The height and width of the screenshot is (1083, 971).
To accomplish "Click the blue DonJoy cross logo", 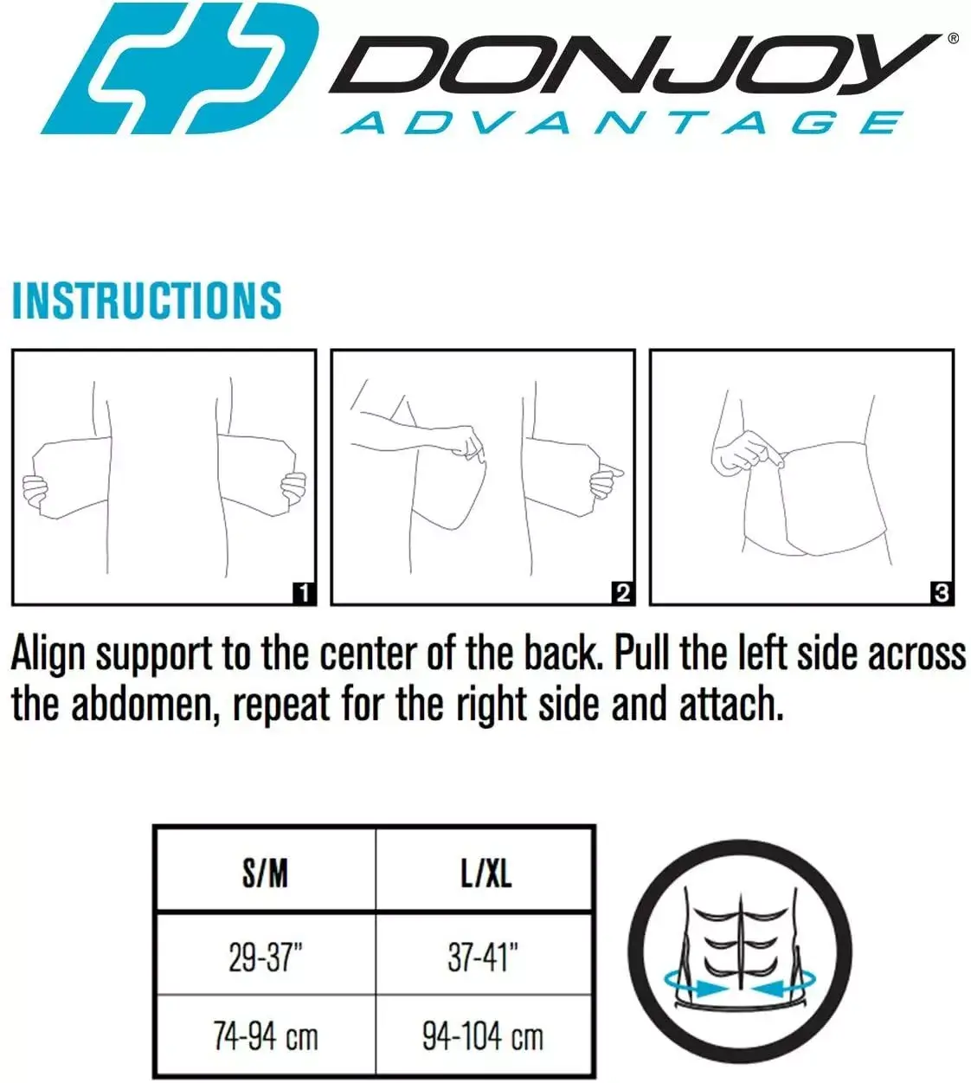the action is [181, 68].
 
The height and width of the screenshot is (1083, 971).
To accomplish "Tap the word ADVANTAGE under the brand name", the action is [622, 124].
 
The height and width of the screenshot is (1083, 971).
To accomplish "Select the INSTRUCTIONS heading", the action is [146, 301].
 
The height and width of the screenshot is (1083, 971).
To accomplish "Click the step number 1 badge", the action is [304, 593].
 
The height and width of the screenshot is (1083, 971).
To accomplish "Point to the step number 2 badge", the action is [623, 593].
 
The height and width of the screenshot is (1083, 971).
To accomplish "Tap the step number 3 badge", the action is [942, 593].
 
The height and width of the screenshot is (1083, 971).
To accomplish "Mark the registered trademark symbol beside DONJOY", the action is [953, 38].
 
